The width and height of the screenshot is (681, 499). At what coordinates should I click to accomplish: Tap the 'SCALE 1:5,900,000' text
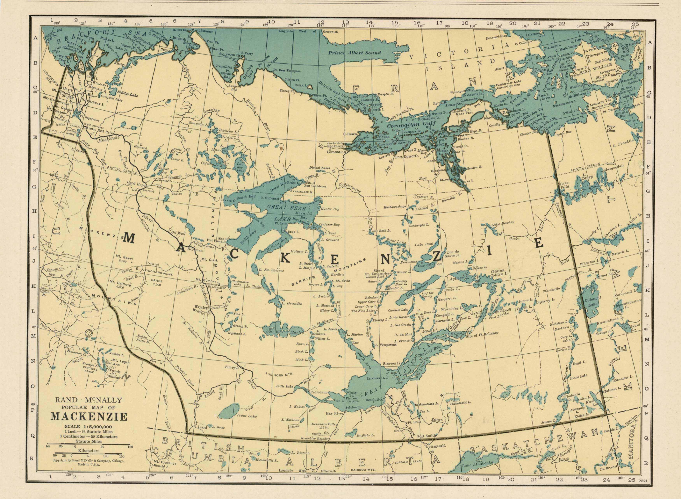point(88,427)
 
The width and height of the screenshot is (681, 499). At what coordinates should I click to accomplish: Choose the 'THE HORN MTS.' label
point(279,374)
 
